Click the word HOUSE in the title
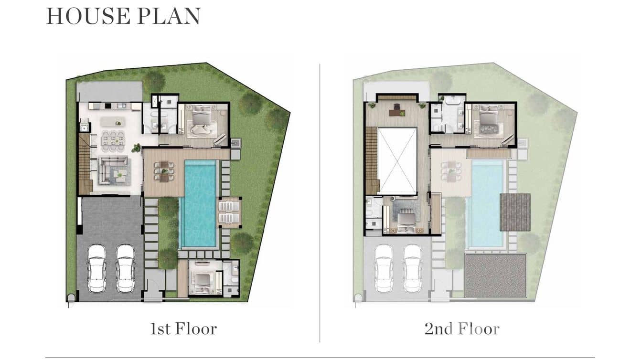pyautogui.click(x=88, y=16)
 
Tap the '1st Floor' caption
pyautogui.click(x=183, y=329)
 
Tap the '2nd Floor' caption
pyautogui.click(x=462, y=329)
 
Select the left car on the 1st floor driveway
pyautogui.click(x=97, y=268)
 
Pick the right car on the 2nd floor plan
pyautogui.click(x=412, y=268)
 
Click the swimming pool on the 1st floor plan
pyautogui.click(x=199, y=203)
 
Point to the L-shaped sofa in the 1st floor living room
pyautogui.click(x=114, y=170)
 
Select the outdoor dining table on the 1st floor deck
pyautogui.click(x=164, y=171)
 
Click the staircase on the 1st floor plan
pyautogui.click(x=85, y=164)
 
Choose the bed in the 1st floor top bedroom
pyautogui.click(x=203, y=121)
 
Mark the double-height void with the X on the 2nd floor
pyautogui.click(x=397, y=160)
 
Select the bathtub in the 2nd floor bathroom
pyautogui.click(x=451, y=102)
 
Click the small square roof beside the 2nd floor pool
pyautogui.click(x=515, y=212)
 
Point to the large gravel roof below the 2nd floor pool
pyautogui.click(x=495, y=275)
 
